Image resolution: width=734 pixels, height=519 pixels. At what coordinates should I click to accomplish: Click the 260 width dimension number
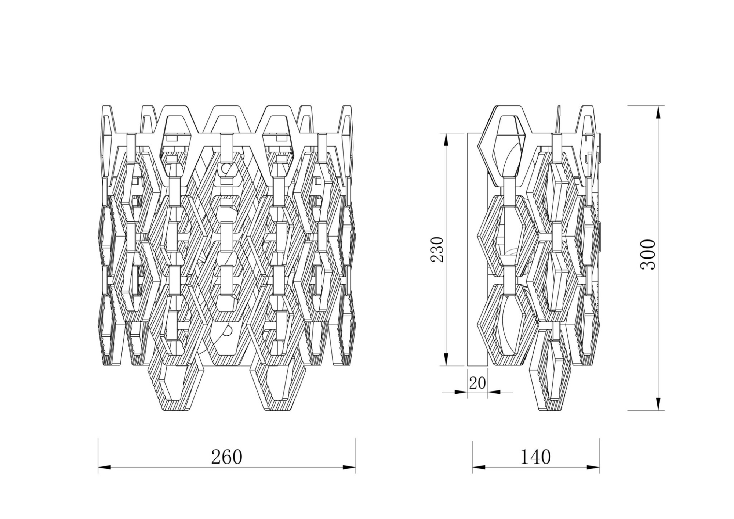tap(226, 457)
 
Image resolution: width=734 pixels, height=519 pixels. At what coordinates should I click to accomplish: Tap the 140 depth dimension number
tap(535, 457)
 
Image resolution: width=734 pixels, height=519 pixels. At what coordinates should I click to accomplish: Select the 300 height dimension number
tap(648, 255)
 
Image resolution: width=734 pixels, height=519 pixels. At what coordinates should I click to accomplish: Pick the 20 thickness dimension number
tap(477, 383)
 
